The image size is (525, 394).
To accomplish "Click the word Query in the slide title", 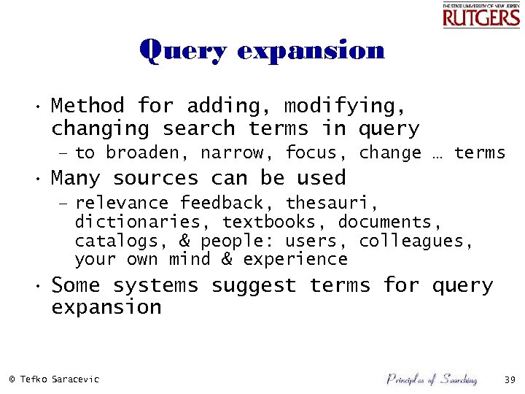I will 183,51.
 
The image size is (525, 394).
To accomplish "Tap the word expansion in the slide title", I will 311,51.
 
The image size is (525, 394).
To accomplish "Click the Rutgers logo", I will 481,15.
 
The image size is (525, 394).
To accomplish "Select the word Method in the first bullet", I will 87,107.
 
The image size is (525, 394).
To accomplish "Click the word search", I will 198,129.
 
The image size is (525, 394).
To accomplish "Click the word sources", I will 155,178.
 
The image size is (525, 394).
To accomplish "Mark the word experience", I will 295,260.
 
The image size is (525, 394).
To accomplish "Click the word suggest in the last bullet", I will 254,285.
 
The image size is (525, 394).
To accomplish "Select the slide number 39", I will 509,379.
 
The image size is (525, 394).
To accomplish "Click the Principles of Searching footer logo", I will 431,379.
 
